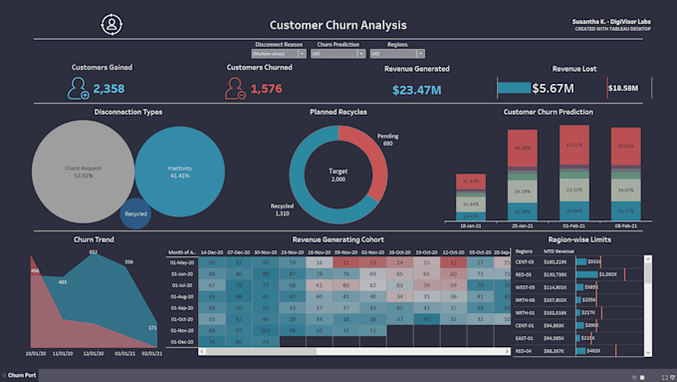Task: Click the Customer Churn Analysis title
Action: click(x=338, y=24)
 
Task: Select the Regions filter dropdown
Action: click(x=396, y=54)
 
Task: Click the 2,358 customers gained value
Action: click(x=109, y=90)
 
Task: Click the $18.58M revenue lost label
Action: click(x=622, y=89)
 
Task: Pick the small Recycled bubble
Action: click(x=136, y=212)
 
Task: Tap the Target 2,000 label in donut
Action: click(x=338, y=176)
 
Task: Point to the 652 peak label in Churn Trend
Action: click(x=93, y=252)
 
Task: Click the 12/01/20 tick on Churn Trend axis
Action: click(x=94, y=353)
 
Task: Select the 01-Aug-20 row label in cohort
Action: click(x=182, y=297)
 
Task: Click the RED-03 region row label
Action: click(x=525, y=273)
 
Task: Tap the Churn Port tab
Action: click(x=22, y=375)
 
